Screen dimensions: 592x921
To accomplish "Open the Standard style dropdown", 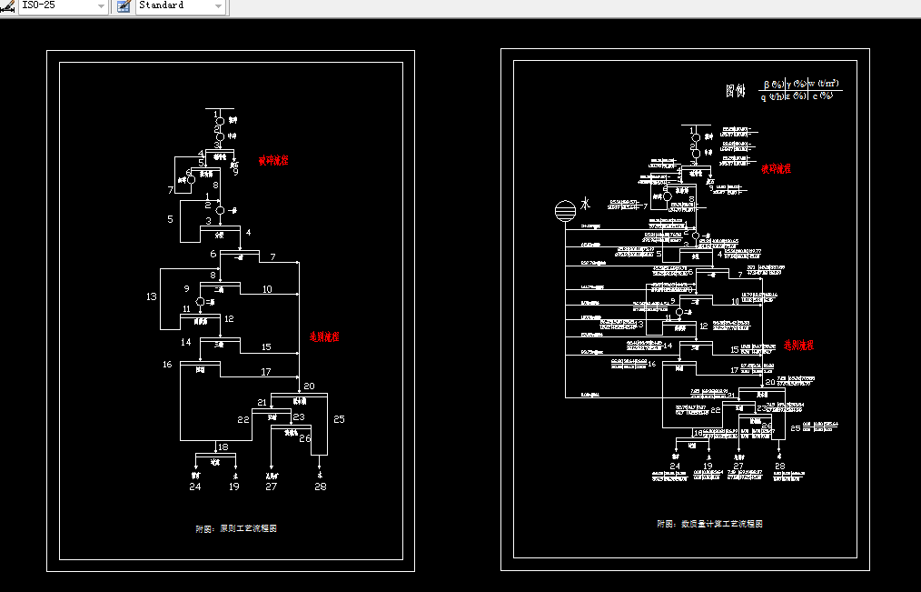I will [180, 6].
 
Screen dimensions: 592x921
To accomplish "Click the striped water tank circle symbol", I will [564, 211].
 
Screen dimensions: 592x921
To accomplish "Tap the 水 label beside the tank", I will [586, 205].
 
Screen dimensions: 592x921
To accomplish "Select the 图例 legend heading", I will [735, 91].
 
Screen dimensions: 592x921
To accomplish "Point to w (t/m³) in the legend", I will [824, 84].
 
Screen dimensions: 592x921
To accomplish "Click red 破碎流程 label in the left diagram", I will [273, 160].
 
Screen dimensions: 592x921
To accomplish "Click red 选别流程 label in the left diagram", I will [324, 336].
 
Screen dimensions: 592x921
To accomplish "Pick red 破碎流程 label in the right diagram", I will [776, 168].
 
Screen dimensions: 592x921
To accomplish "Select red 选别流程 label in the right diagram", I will [798, 346].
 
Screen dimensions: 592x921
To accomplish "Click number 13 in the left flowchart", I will [151, 296].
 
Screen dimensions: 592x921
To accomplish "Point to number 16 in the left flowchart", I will [167, 365].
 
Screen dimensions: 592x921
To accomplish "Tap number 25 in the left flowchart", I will [339, 419].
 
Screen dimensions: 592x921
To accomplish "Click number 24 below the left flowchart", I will [195, 487].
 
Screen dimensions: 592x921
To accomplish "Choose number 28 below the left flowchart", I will [321, 487].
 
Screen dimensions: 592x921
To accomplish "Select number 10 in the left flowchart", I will [267, 289].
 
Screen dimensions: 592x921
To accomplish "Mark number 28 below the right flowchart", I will [779, 467].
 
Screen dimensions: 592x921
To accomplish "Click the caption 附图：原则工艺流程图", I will [236, 528].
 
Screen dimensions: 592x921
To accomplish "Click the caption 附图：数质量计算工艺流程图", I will [709, 524].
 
